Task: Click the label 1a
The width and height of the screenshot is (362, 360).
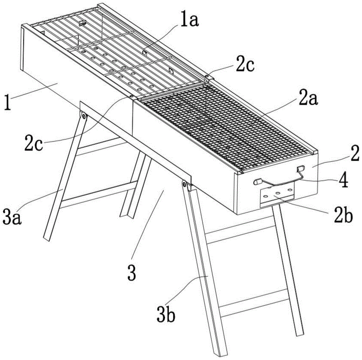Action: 189,21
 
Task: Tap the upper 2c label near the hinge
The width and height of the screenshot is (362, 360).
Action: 245,65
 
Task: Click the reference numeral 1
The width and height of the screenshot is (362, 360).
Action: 8,103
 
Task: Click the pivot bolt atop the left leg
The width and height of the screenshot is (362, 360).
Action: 83,116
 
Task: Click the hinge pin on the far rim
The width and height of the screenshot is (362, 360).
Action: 207,75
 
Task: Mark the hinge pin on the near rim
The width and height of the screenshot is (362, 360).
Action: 131,96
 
